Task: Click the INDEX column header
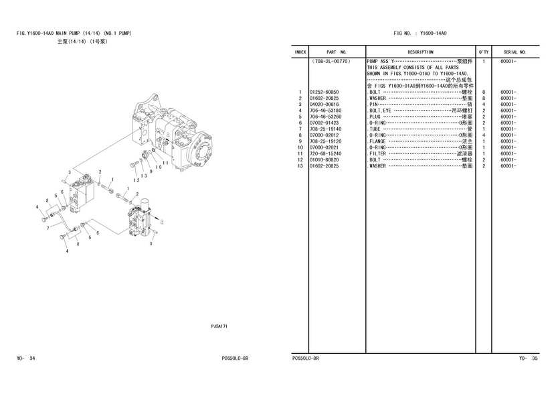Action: click(x=300, y=52)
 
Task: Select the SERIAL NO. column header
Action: click(x=515, y=52)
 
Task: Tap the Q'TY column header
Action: click(x=483, y=52)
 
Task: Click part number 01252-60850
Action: click(x=324, y=92)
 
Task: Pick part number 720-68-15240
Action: click(x=324, y=154)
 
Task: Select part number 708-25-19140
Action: click(x=324, y=129)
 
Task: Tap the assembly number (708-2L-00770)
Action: click(x=331, y=61)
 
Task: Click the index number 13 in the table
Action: click(x=300, y=166)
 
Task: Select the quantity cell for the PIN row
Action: click(x=483, y=105)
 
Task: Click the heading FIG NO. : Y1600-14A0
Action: click(x=420, y=33)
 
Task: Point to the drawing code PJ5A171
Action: click(x=219, y=326)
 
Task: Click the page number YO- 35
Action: click(x=529, y=358)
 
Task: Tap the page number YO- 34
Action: click(x=26, y=358)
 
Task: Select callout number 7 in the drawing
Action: click(x=48, y=228)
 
